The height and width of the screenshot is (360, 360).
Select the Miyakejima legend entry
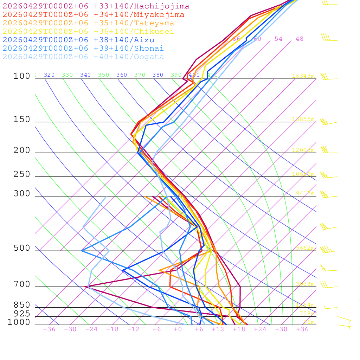(x=93, y=15)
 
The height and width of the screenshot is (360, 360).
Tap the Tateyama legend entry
(x=88, y=23)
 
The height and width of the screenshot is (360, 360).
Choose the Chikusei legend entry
(x=88, y=32)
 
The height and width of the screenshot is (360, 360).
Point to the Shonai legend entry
(x=83, y=49)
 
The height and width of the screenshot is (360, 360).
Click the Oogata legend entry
(x=83, y=57)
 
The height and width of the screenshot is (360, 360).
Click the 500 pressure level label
(x=22, y=248)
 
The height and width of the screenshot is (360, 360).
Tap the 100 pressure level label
(x=22, y=76)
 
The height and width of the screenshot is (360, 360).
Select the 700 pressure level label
(x=22, y=284)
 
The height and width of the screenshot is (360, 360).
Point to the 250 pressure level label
(x=22, y=174)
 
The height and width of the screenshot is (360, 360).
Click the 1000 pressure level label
(x=19, y=322)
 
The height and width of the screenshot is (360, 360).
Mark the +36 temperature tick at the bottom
(x=302, y=329)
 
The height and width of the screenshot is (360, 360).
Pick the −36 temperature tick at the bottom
(x=49, y=329)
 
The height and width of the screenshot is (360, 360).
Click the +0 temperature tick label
(x=178, y=329)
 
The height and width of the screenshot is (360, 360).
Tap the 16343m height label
(x=303, y=76)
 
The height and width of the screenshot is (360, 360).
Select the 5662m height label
(x=305, y=248)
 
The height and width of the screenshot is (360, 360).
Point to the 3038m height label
(x=305, y=284)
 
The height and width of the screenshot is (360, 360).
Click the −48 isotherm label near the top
(x=297, y=39)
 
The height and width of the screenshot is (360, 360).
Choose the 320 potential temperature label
(x=49, y=75)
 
